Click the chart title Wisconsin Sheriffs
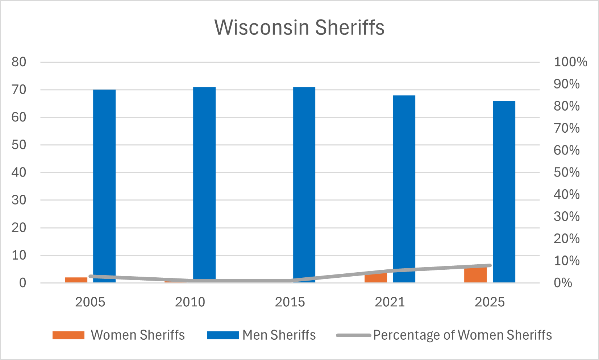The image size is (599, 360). coord(299,28)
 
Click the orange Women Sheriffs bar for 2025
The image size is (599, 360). coord(475,275)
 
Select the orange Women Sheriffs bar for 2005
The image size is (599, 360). coord(76,280)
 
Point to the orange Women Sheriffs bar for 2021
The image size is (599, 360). coord(375,278)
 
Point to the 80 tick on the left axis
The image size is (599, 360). coord(19,62)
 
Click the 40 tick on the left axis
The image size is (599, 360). coord(19,172)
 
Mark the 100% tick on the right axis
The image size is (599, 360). coord(570,62)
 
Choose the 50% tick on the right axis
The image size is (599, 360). coord(566,172)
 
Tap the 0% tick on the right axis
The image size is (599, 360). coord(563,282)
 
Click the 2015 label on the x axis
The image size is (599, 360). coord(290,302)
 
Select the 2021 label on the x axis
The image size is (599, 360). coord(390,302)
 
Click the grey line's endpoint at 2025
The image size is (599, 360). coord(489,265)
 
